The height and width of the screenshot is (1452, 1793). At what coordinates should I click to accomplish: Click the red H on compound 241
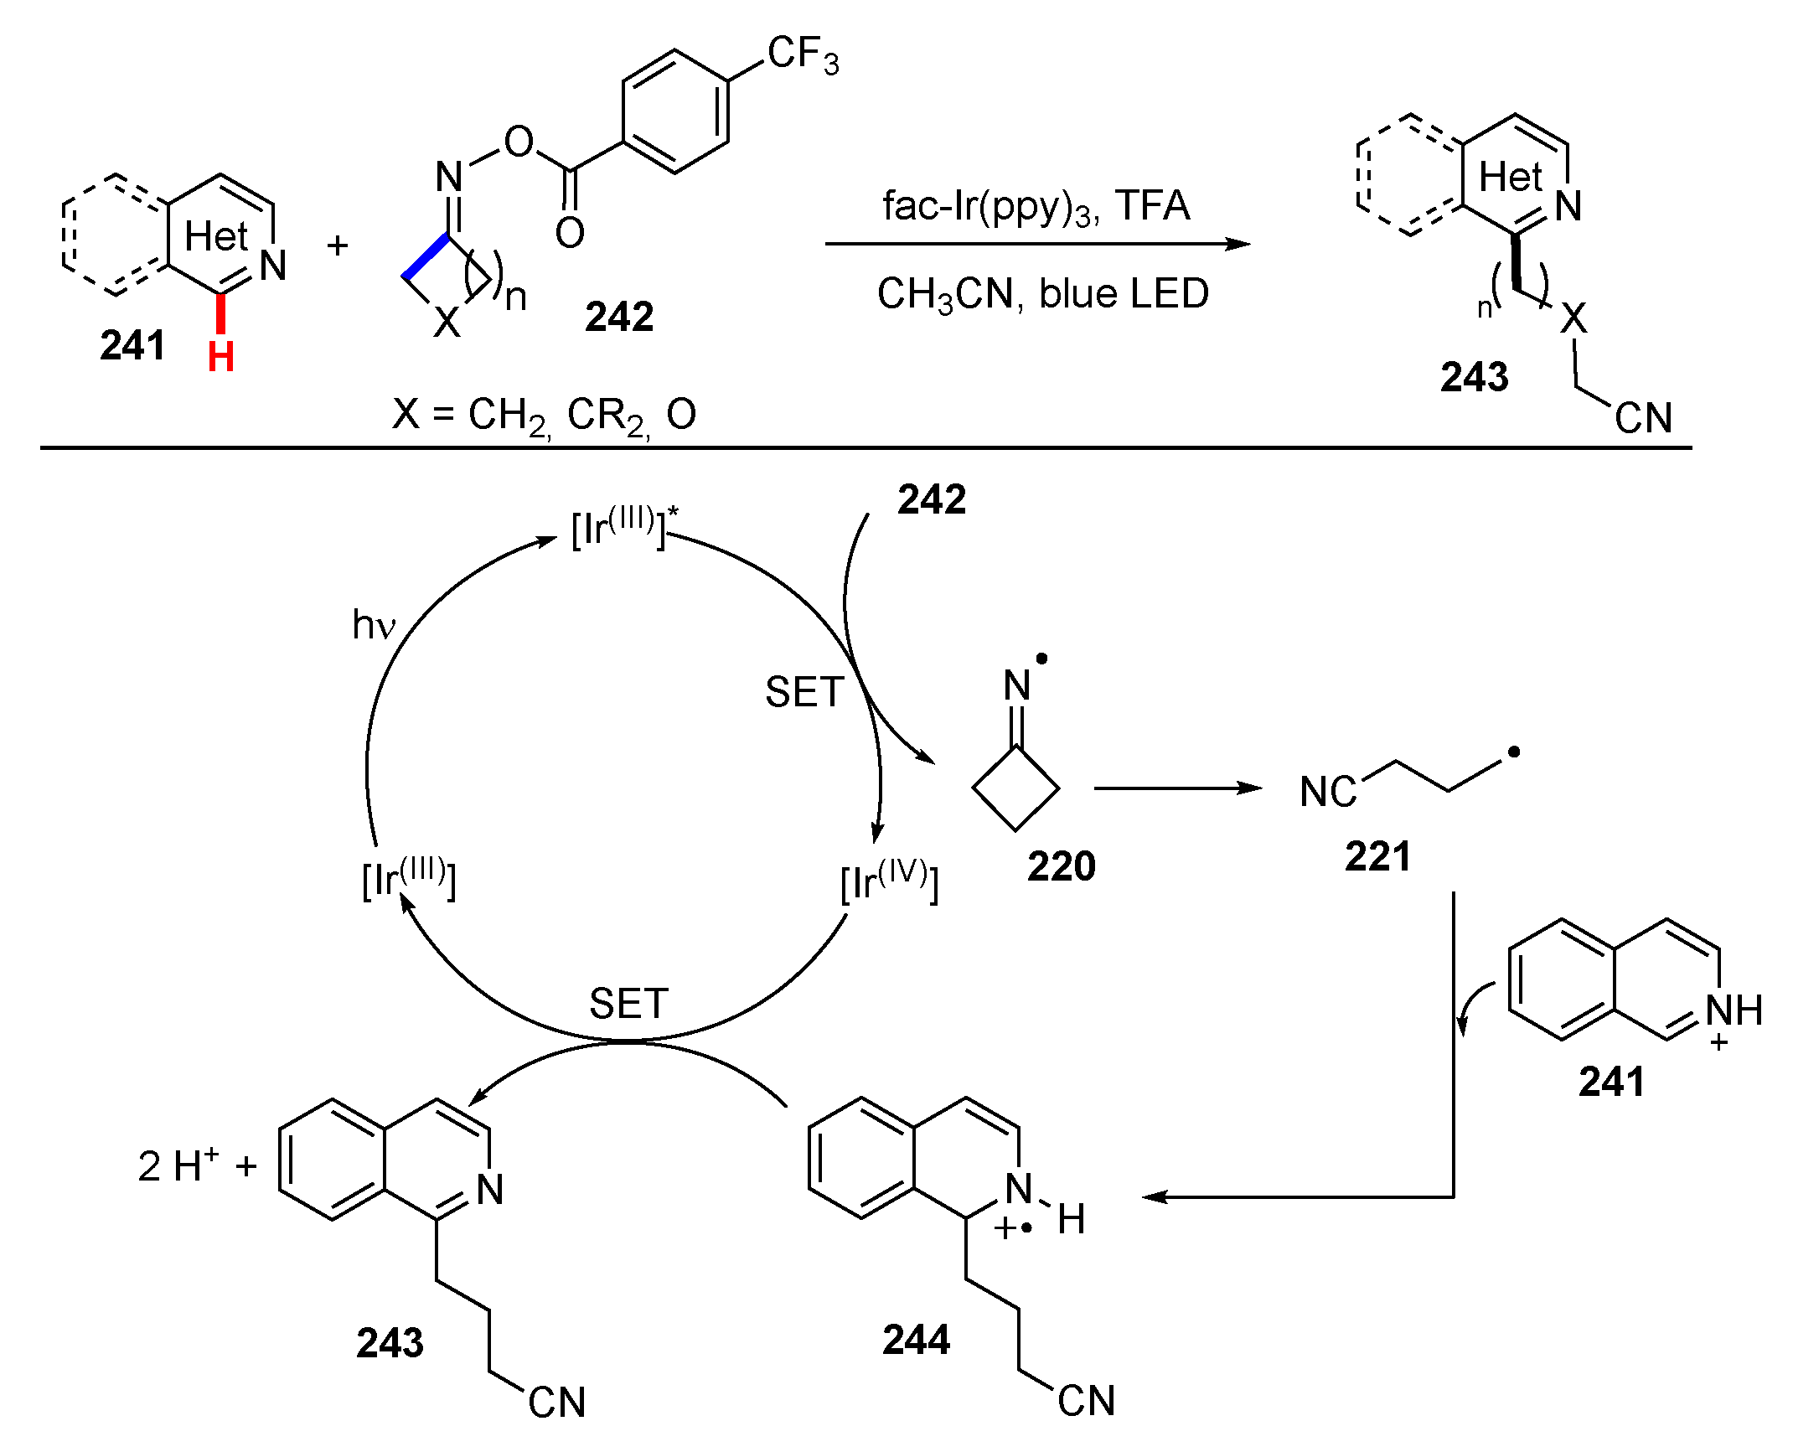220,358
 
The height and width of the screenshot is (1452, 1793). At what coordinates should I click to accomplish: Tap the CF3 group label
803,55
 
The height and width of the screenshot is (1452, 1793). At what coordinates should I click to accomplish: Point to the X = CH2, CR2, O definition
544,415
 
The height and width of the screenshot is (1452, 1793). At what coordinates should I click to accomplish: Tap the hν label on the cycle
373,625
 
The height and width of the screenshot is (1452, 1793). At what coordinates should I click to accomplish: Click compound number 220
1061,866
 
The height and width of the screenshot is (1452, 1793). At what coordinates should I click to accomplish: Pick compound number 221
1377,856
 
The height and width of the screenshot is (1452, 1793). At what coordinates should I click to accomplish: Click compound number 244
916,1340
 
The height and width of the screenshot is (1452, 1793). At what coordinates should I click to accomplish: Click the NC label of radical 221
1327,792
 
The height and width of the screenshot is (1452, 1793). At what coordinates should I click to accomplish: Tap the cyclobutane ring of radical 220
1015,788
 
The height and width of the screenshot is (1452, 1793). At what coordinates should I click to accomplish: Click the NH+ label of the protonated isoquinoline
1734,1011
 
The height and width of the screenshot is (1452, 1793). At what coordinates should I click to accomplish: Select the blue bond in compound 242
426,256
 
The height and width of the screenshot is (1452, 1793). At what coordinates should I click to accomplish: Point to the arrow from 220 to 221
1177,788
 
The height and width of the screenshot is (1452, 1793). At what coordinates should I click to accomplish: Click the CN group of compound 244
1086,1401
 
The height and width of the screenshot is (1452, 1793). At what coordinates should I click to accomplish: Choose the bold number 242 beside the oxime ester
618,317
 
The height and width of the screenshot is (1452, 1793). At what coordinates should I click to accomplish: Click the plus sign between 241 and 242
338,245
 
